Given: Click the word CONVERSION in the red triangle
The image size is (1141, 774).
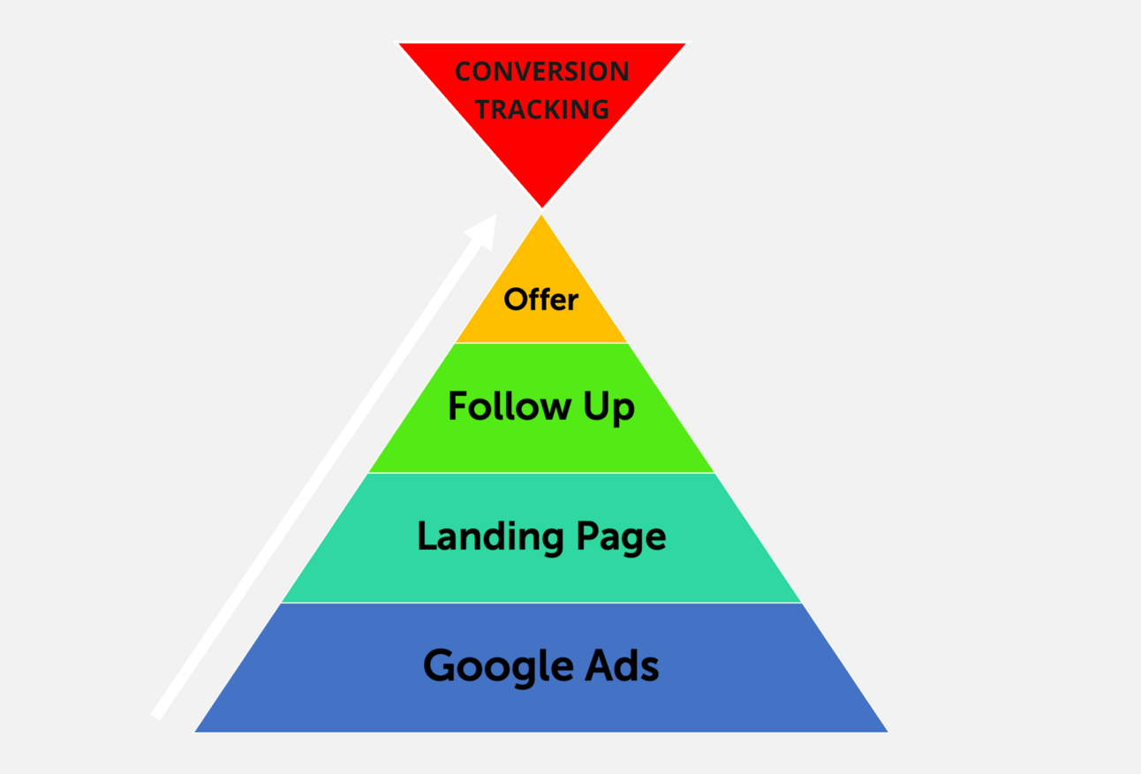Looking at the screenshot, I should (541, 72).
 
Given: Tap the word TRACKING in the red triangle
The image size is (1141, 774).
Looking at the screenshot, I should (541, 110).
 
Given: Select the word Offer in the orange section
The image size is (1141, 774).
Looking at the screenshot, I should (540, 300).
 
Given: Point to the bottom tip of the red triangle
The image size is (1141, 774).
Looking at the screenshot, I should (541, 207).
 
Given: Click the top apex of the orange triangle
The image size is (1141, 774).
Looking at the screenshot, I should (541, 216).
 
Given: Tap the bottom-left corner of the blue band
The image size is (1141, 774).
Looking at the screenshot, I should (196, 731).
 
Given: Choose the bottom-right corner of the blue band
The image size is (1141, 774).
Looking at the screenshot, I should (887, 731).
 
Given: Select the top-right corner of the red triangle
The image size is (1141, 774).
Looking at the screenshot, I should (684, 44).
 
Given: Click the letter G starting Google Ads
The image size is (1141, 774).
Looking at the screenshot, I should (439, 665).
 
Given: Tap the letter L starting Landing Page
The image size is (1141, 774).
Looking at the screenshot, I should (427, 536).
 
